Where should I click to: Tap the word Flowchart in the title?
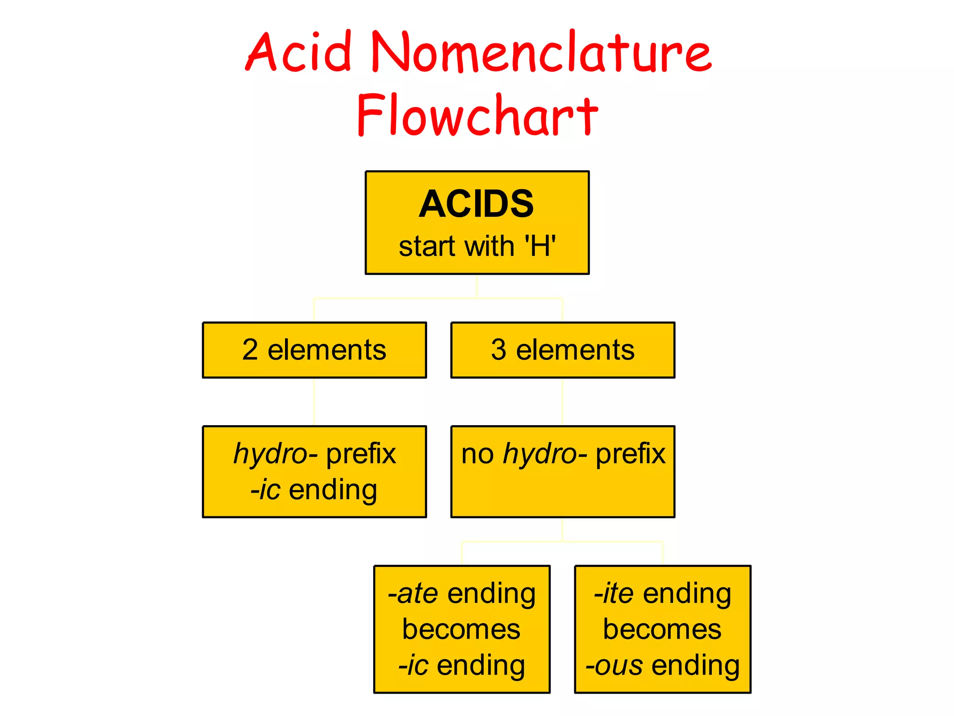(x=477, y=115)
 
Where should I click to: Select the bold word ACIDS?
(x=476, y=204)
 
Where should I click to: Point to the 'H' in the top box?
(x=540, y=246)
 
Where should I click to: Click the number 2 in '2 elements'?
(x=250, y=350)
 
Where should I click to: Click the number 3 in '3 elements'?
(x=498, y=350)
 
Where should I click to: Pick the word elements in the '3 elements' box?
(x=575, y=350)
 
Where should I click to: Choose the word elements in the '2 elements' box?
(x=327, y=350)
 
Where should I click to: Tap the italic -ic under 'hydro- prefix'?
(x=266, y=489)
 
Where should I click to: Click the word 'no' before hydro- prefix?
(x=477, y=454)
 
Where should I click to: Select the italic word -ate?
(x=413, y=593)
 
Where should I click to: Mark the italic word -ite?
(x=614, y=593)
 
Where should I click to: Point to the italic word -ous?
(x=614, y=665)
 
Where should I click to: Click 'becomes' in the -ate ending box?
(x=461, y=629)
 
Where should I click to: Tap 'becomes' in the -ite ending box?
(x=662, y=629)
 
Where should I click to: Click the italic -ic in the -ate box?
(x=413, y=665)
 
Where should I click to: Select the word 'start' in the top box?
(x=427, y=246)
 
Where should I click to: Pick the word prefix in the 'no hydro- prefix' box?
(x=631, y=454)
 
